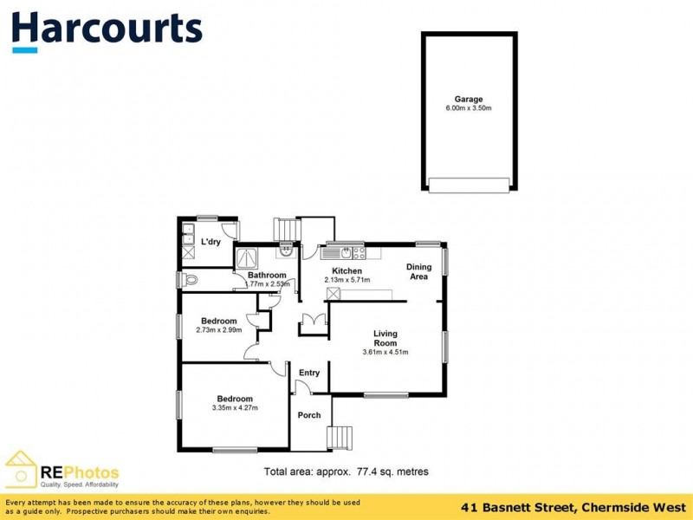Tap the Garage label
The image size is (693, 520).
(x=469, y=100)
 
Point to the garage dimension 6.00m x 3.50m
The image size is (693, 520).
(x=469, y=109)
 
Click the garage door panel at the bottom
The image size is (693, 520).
(x=469, y=185)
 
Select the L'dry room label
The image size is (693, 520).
(x=210, y=242)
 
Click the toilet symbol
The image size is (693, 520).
(x=190, y=279)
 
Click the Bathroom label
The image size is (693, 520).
(x=267, y=276)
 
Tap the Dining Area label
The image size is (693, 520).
(x=418, y=272)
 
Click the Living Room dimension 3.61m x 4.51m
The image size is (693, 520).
(x=385, y=352)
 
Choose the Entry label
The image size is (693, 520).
(x=309, y=373)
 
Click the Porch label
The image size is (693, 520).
(x=309, y=415)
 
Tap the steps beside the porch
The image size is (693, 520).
(x=340, y=438)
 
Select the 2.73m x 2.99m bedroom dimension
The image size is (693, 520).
(x=218, y=330)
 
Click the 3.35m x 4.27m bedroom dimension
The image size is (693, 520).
(x=234, y=408)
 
